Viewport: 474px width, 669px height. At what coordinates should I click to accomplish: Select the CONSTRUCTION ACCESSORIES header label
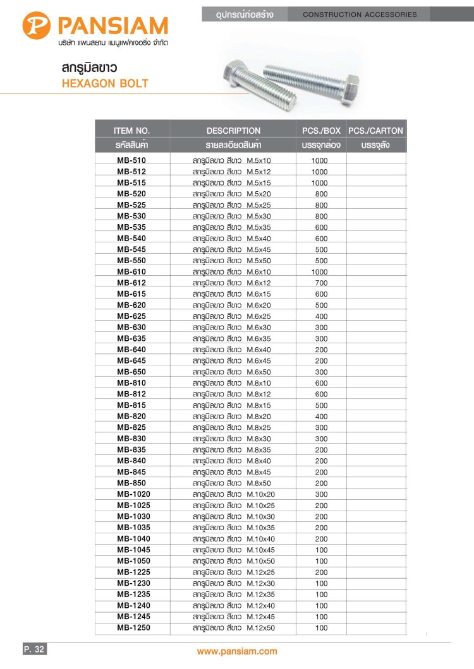pos(360,14)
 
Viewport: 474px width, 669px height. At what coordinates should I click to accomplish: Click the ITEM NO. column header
pos(131,131)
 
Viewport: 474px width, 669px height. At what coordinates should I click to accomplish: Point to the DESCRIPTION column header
pos(233,131)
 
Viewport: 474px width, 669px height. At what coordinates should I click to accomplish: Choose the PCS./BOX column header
pos(321,131)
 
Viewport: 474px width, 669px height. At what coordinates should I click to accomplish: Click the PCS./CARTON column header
pos(375,131)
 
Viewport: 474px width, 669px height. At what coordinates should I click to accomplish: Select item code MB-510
pos(131,160)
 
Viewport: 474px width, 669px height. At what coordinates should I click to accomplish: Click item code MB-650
pos(131,372)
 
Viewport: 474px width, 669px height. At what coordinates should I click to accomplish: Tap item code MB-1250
pos(133,628)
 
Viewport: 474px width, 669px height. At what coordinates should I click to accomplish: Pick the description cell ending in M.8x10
pos(231,383)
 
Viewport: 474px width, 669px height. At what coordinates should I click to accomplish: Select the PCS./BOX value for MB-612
pos(321,283)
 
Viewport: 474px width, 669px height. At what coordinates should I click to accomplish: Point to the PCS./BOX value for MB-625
pos(321,316)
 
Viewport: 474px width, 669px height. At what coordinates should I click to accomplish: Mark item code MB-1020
pos(133,494)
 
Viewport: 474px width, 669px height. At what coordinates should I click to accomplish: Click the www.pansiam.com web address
pos(237,651)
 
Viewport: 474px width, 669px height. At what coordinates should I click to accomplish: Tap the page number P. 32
pos(34,649)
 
